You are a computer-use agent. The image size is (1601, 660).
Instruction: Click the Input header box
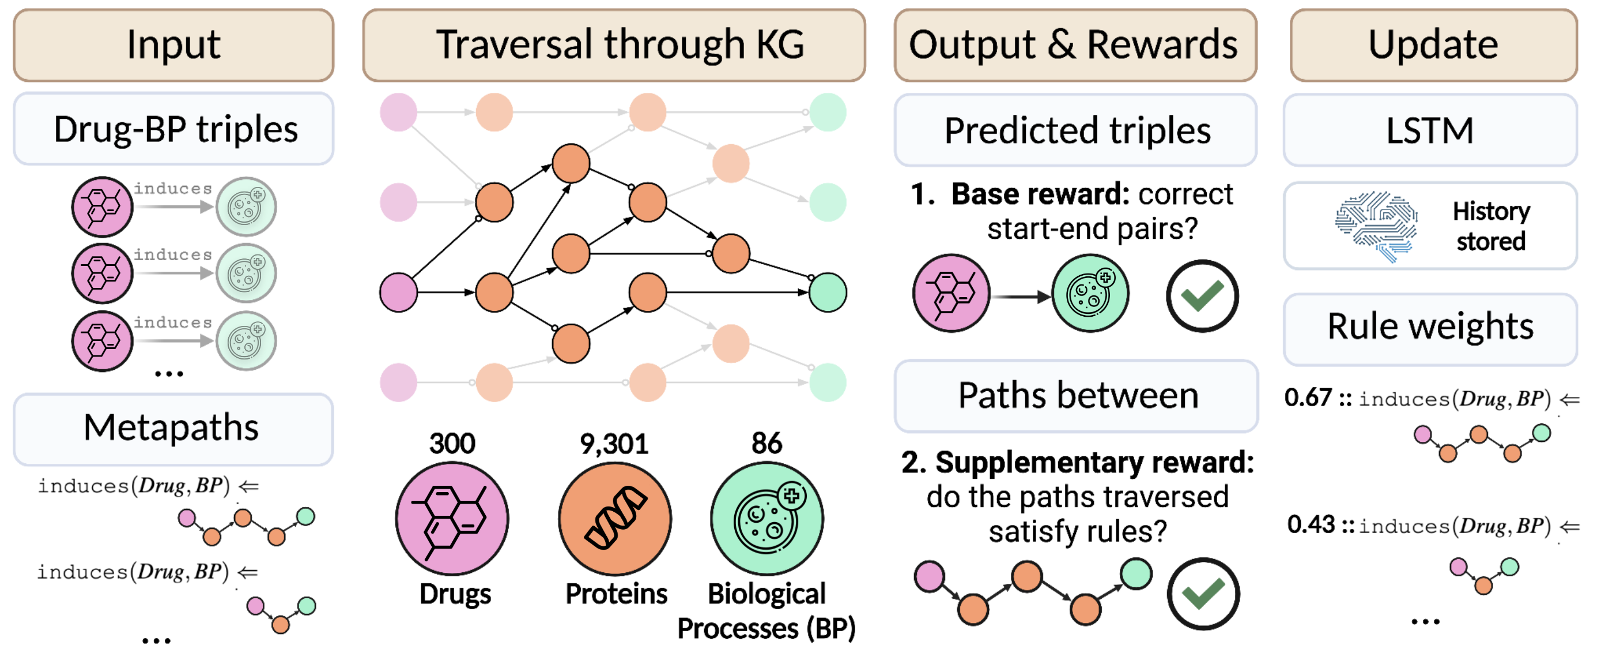click(173, 45)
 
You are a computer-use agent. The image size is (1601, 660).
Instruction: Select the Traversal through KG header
click(614, 45)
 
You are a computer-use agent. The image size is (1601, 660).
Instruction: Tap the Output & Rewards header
click(1075, 45)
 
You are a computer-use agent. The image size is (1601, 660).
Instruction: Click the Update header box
click(1433, 45)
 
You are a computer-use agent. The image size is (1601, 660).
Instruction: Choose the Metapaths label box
click(173, 429)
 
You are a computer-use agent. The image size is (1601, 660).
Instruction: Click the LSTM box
click(1430, 130)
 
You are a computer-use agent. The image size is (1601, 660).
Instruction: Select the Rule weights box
click(1430, 328)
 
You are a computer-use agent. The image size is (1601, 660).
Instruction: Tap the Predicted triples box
click(1076, 130)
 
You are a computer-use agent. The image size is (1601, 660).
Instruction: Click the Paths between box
click(1077, 396)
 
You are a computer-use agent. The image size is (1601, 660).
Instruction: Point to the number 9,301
click(614, 444)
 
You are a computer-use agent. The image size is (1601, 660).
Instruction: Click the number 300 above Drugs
click(452, 444)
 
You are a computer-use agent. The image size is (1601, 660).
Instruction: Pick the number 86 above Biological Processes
click(766, 444)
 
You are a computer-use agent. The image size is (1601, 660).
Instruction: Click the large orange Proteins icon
click(615, 518)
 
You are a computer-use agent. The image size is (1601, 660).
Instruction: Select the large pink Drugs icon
click(452, 518)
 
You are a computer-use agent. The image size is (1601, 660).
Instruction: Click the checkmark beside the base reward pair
click(1202, 296)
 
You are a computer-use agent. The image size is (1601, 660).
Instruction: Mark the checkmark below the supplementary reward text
click(1203, 594)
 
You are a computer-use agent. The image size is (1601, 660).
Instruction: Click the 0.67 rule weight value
click(1308, 397)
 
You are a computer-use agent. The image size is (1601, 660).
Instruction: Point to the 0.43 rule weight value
click(1311, 524)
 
